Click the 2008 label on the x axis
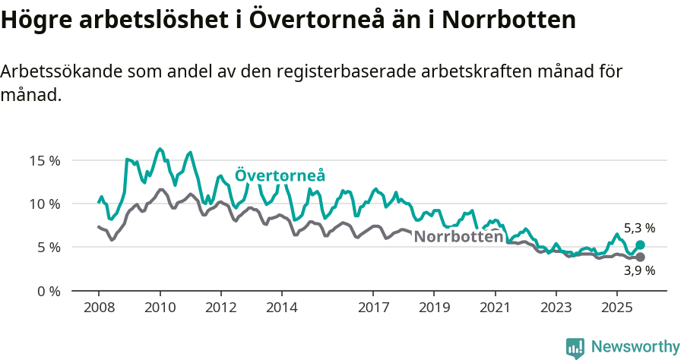pyautogui.click(x=99, y=308)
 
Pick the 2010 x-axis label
pyautogui.click(x=160, y=308)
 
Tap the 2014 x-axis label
pyautogui.click(x=282, y=308)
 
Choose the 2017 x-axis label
pyautogui.click(x=373, y=308)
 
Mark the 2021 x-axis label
pyautogui.click(x=495, y=308)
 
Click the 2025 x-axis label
pyautogui.click(x=616, y=308)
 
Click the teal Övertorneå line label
pyautogui.click(x=280, y=175)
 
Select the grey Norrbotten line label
pyautogui.click(x=458, y=236)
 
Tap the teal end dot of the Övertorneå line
pyautogui.click(x=640, y=245)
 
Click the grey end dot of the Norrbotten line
pyautogui.click(x=640, y=257)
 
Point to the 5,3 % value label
pyautogui.click(x=639, y=228)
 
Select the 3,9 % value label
pyautogui.click(x=639, y=270)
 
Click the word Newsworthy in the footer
pyautogui.click(x=635, y=347)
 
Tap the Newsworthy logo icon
pyautogui.click(x=575, y=348)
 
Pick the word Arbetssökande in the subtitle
pyautogui.click(x=59, y=72)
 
